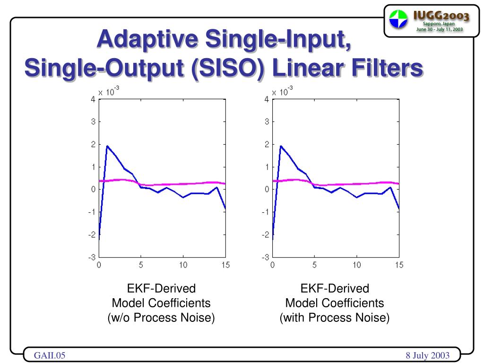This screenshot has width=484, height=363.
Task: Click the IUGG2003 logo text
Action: click(441, 16)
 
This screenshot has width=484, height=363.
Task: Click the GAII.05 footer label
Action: click(49, 355)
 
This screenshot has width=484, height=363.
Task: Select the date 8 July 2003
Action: click(427, 355)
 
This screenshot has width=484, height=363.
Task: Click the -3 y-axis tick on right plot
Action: click(266, 258)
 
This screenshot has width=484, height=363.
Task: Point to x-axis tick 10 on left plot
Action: click(183, 265)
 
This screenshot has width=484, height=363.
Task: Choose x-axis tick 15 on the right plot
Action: click(399, 265)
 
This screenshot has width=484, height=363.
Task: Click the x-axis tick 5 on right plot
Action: click(314, 265)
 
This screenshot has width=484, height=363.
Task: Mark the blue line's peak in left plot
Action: click(107, 146)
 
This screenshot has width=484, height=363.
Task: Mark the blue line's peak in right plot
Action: click(281, 146)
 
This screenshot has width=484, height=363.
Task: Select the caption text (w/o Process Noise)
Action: click(161, 318)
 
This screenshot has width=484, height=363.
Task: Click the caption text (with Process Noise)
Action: click(335, 318)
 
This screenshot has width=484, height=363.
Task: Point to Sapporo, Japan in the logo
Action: click(441, 24)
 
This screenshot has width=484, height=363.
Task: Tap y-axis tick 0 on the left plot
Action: click(94, 190)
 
